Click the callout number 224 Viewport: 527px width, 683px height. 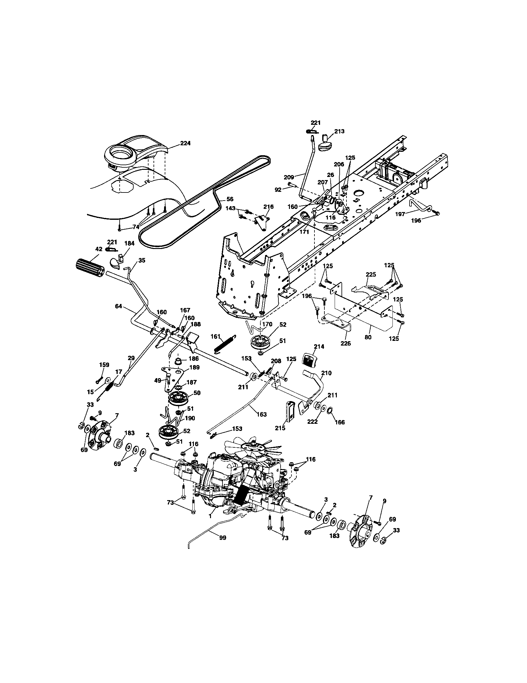[185, 143]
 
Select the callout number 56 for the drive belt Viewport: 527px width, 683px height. [230, 199]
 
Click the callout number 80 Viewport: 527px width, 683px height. [368, 337]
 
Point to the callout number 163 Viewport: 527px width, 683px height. [261, 414]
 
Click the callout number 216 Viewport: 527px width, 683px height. [268, 207]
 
